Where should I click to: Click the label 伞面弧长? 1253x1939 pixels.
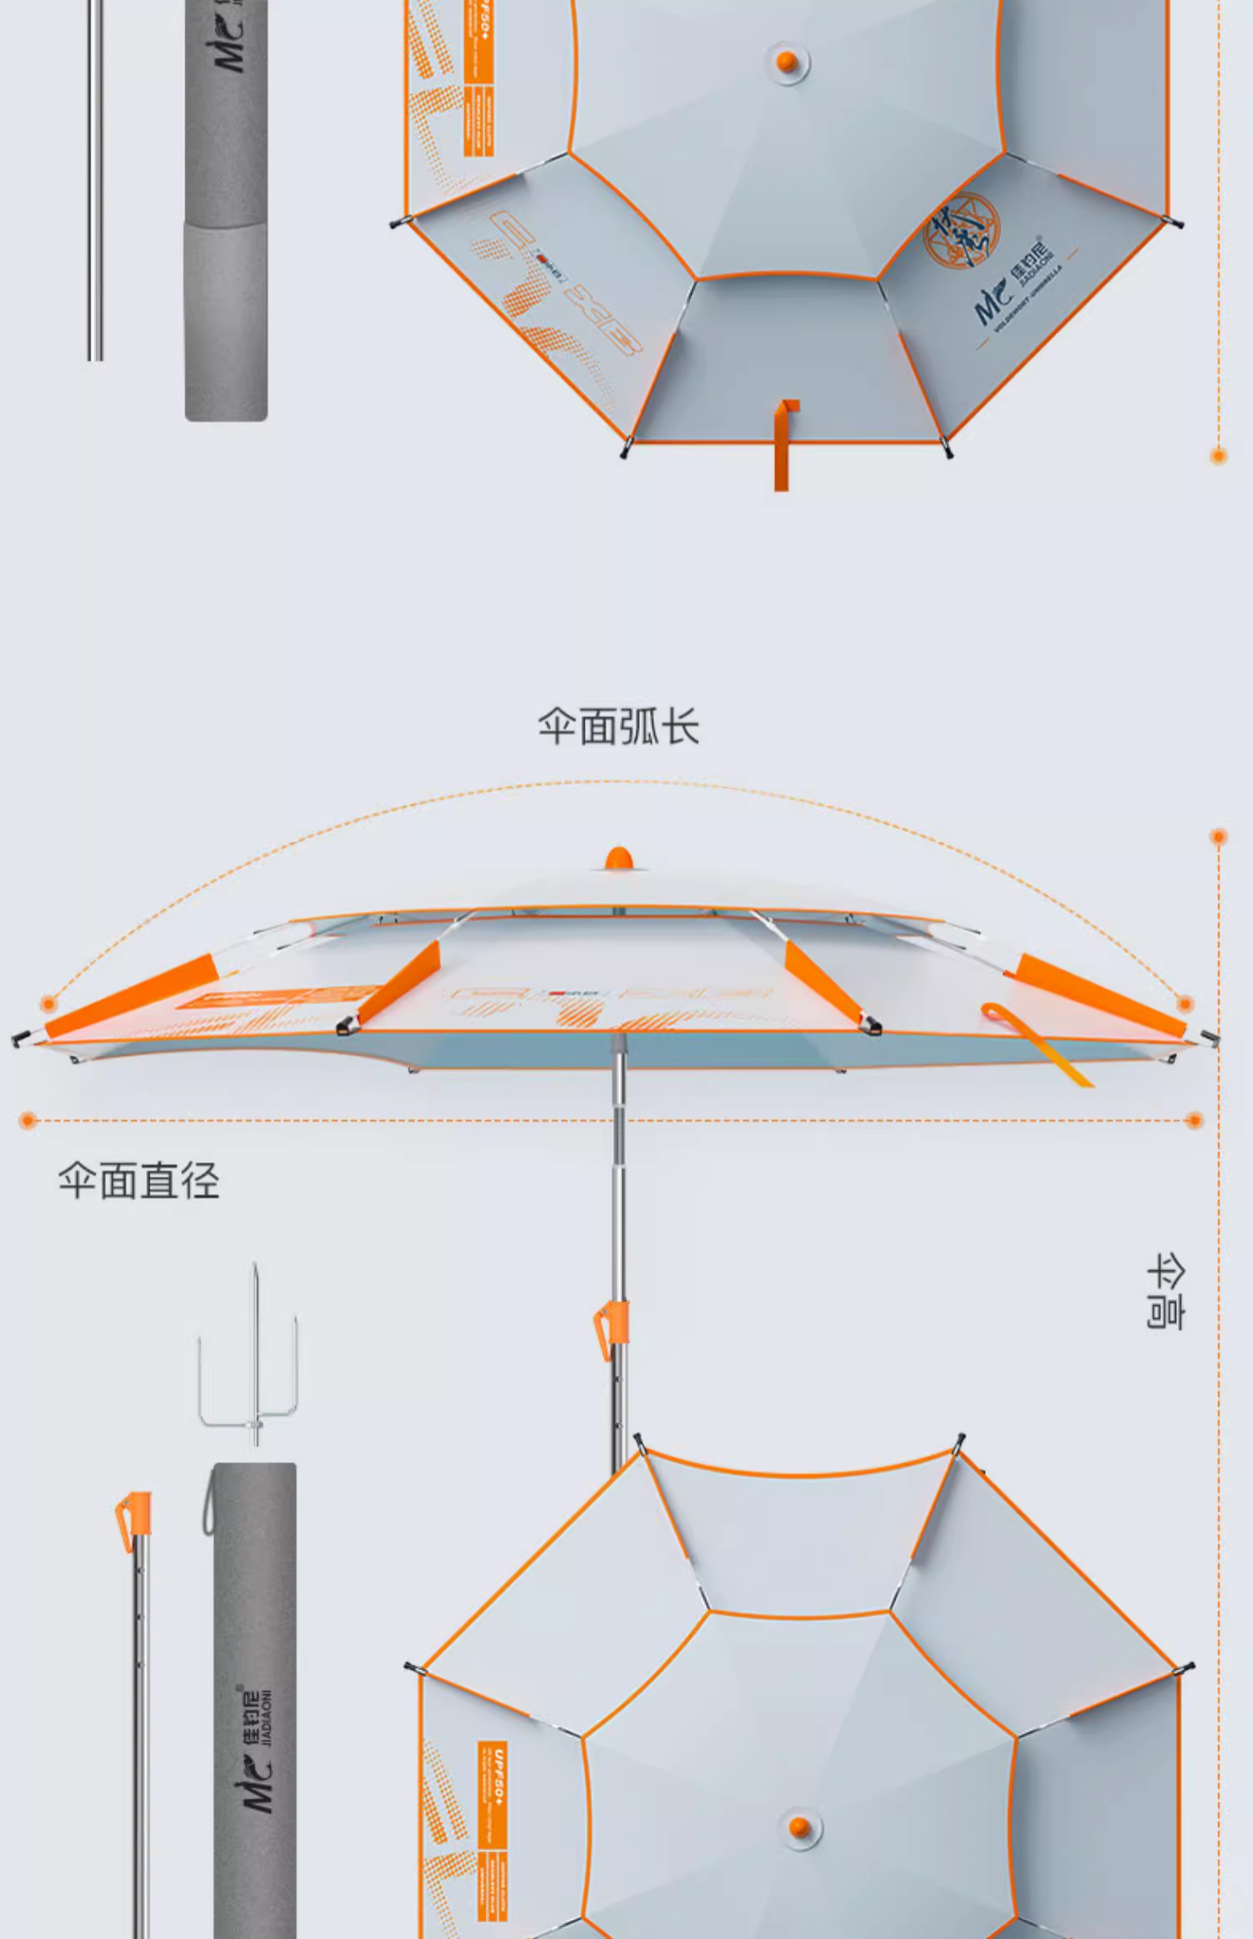click(x=618, y=726)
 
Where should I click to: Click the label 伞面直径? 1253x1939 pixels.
click(x=139, y=1181)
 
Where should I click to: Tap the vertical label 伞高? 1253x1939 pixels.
click(x=1166, y=1291)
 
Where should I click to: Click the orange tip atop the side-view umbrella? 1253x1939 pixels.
click(x=618, y=858)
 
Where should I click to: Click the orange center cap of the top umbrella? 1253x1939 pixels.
click(x=787, y=61)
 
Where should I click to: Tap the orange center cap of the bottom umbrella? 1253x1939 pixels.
click(x=800, y=1826)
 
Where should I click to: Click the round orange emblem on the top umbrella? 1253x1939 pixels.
click(x=961, y=230)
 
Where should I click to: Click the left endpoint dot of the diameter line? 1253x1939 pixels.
click(x=28, y=1120)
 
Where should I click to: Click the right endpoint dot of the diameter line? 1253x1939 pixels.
click(x=1194, y=1120)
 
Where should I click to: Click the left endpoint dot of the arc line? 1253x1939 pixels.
click(x=48, y=1003)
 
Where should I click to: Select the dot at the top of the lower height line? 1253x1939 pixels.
click(x=1219, y=837)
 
